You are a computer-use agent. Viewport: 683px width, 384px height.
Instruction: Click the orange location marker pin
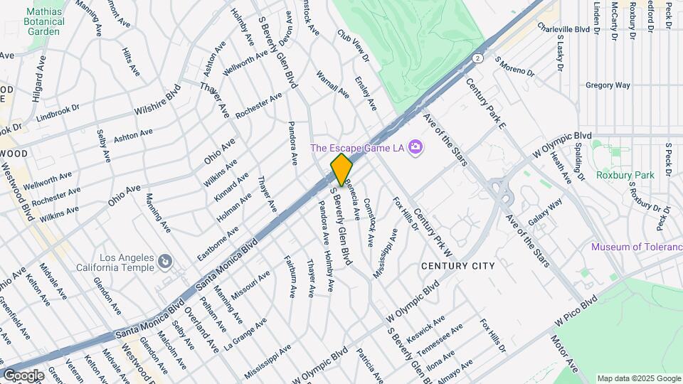tap(341, 169)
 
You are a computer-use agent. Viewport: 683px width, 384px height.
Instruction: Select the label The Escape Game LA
tap(358, 149)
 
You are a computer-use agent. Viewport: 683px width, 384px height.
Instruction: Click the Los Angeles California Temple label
tap(117, 262)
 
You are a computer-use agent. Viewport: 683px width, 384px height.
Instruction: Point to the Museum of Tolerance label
tap(636, 247)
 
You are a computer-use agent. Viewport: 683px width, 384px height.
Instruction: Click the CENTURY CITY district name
tap(457, 266)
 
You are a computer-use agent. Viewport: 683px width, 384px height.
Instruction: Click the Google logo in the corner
tap(23, 375)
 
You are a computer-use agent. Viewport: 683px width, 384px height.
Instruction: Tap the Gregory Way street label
tap(608, 85)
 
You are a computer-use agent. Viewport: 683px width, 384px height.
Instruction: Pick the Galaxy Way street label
tap(545, 211)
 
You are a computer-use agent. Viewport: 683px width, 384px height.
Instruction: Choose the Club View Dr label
tap(354, 44)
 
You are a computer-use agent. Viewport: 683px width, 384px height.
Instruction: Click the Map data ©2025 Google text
tap(639, 378)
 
